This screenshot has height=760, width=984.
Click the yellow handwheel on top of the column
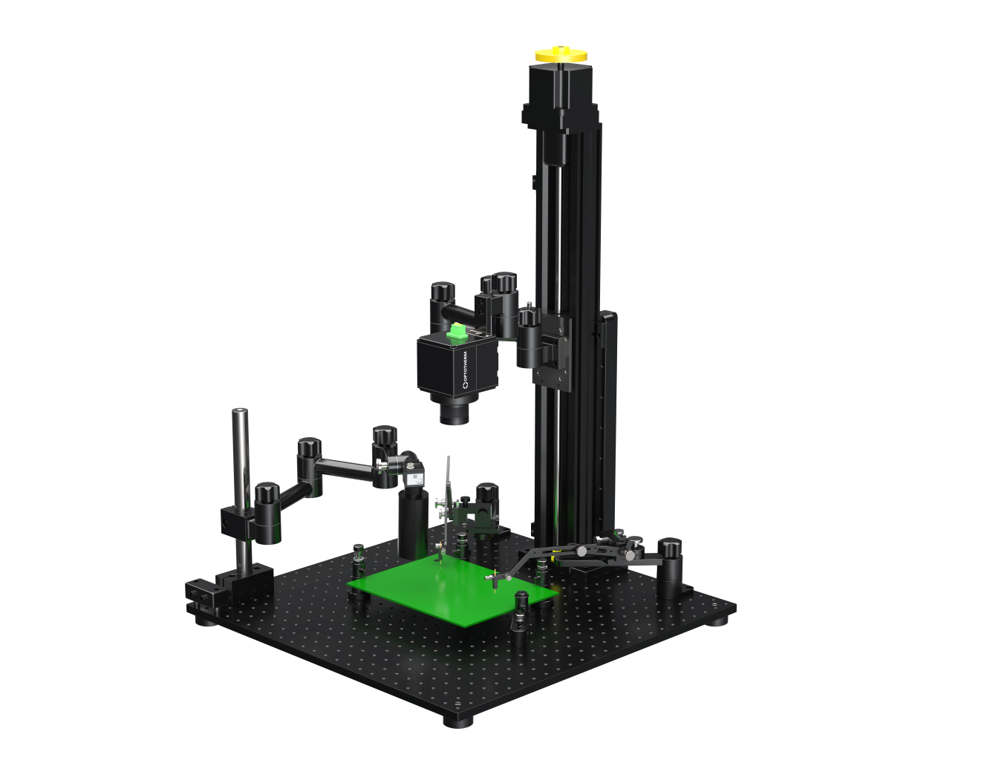click(x=561, y=54)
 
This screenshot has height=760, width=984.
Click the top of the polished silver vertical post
click(x=240, y=413)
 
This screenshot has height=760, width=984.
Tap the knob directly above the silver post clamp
click(x=267, y=493)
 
